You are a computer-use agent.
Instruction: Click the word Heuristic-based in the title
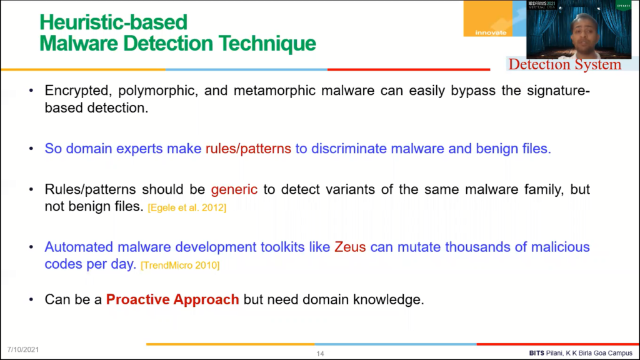[x=113, y=22]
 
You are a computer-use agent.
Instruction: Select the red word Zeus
[x=350, y=247]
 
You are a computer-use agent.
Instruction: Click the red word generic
[x=234, y=190]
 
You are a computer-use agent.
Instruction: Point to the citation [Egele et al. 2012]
[x=187, y=207]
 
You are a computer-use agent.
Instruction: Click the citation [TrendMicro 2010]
[x=180, y=265]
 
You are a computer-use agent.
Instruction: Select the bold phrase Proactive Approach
[x=172, y=299]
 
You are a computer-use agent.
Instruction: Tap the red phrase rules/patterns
[x=248, y=149]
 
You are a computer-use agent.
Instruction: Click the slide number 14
[x=320, y=354]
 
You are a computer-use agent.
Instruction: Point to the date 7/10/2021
[x=23, y=350]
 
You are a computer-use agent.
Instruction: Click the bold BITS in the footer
[x=537, y=353]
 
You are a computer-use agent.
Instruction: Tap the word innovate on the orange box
[x=491, y=32]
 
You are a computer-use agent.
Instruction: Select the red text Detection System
[x=565, y=64]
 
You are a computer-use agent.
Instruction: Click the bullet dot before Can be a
[x=31, y=300]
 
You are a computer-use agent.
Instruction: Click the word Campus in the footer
[x=621, y=353]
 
